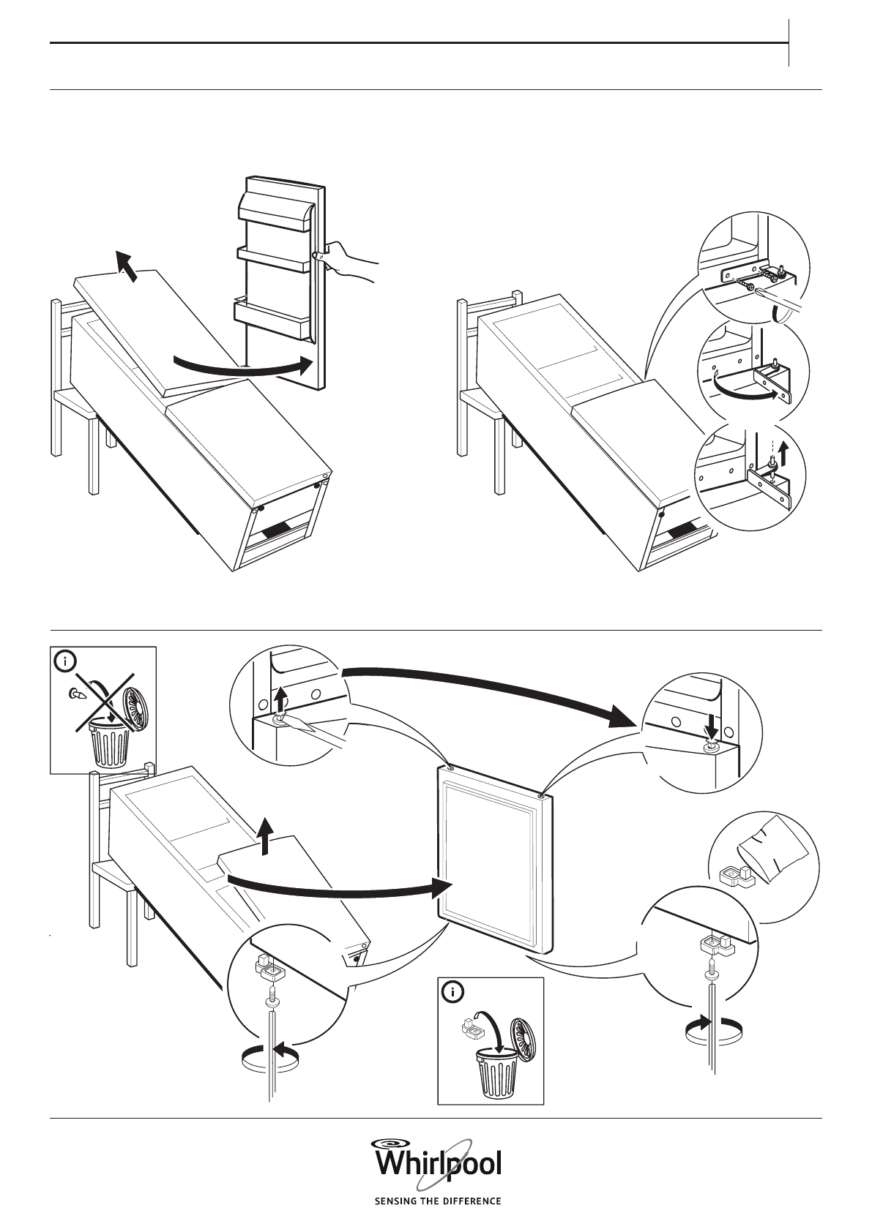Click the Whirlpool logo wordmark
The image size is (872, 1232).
click(x=438, y=1164)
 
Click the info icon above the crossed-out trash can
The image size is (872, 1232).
click(x=66, y=661)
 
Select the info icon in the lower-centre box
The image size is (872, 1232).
click(x=454, y=992)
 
